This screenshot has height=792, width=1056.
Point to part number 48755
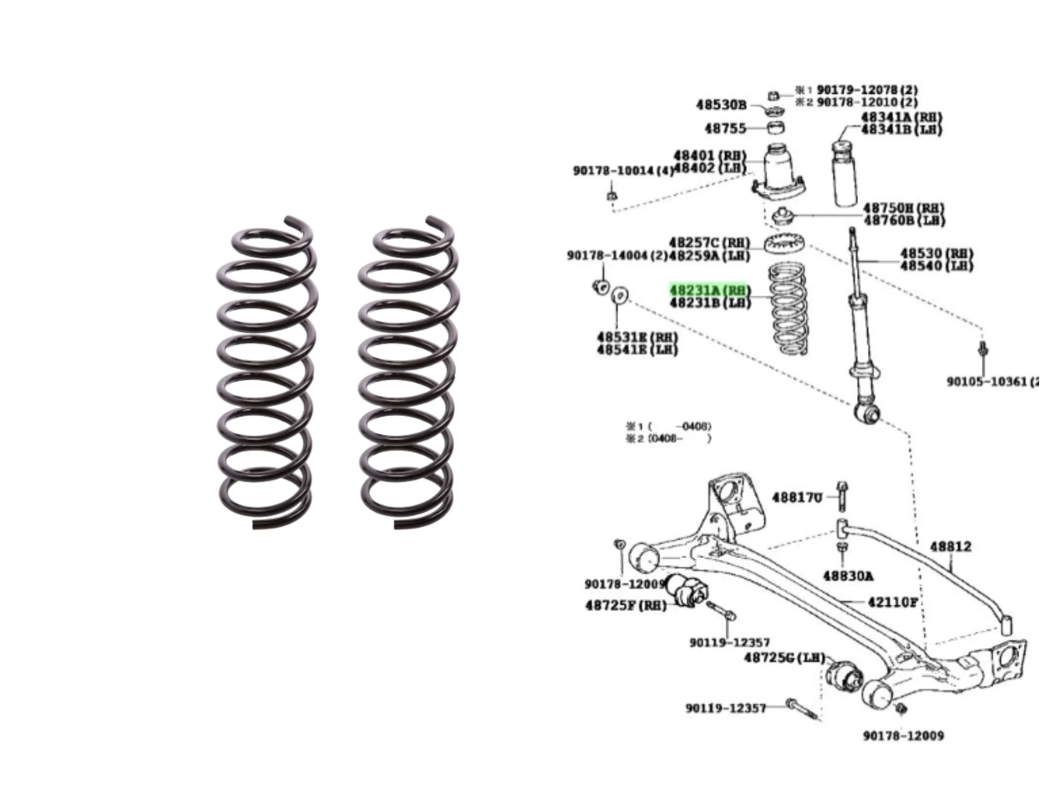[725, 128]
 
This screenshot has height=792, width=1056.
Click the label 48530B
[721, 104]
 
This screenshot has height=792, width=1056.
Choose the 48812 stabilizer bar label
[950, 547]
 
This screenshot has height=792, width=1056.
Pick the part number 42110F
[892, 603]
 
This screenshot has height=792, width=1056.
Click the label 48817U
[797, 498]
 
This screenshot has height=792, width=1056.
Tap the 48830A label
[848, 576]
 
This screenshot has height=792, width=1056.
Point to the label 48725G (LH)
[784, 658]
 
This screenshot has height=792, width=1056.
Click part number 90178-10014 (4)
[622, 170]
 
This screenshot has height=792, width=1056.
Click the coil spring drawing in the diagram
[788, 310]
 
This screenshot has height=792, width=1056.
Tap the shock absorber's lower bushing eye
[867, 412]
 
